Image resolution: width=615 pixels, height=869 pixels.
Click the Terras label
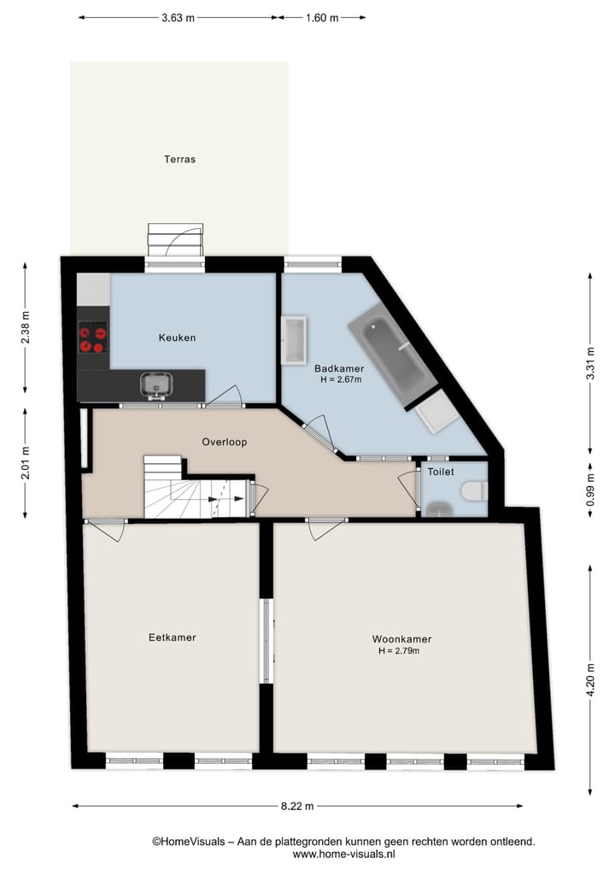point(180,159)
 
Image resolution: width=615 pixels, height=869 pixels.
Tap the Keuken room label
point(177,338)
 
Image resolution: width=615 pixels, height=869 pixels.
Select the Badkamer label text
point(339,368)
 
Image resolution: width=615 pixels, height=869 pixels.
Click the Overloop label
point(225,442)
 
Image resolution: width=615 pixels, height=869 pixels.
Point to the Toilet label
point(441,472)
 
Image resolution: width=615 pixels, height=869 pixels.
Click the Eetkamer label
point(172,637)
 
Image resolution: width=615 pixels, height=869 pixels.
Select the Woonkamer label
point(401,639)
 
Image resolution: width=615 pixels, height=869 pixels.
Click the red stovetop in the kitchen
point(93,338)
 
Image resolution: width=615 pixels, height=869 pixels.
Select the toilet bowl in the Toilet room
point(472,491)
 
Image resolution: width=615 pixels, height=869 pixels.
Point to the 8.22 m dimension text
point(297,806)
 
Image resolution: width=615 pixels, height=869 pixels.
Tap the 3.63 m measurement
point(177,17)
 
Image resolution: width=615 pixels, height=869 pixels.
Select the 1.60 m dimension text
point(322,17)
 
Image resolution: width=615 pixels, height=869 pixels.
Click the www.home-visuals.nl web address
point(343,854)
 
